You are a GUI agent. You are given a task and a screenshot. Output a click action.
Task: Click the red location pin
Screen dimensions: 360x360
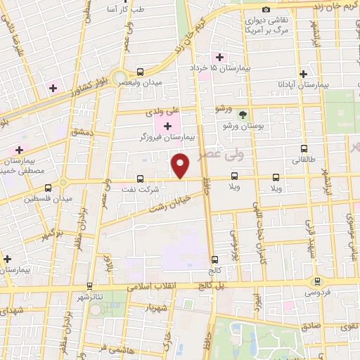[181, 166]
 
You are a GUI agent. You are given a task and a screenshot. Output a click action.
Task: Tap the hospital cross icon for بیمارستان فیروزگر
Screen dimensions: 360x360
[167, 126]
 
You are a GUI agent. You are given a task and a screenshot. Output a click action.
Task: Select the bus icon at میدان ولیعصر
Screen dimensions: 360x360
[140, 72]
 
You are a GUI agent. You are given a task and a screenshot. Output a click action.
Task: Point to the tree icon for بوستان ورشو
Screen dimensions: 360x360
[243, 114]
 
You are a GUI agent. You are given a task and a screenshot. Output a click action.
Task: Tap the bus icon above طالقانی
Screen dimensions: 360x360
[304, 148]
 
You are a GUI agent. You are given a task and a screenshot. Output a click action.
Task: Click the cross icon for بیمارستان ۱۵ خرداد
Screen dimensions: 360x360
[220, 56]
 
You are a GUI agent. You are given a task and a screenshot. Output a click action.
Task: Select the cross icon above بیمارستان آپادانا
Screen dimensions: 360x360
[304, 73]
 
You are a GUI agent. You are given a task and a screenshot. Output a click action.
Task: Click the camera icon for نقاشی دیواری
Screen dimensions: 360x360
[266, 9]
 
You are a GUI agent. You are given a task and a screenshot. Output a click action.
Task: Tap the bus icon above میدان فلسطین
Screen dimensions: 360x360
[49, 188]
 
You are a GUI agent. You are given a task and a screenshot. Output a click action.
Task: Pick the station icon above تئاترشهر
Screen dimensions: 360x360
[89, 286]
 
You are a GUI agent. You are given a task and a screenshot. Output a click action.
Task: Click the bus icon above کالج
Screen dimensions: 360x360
[214, 259]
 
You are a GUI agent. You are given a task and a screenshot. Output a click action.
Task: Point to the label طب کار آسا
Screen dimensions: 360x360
[120, 10]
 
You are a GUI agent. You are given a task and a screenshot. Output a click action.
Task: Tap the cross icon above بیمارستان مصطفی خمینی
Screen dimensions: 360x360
[19, 150]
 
